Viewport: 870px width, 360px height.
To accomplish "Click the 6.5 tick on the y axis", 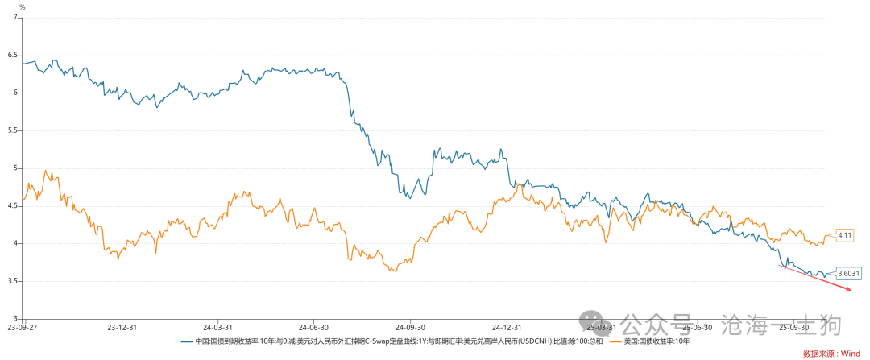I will click(13, 55).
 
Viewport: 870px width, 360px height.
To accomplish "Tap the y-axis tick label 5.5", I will click(13, 130).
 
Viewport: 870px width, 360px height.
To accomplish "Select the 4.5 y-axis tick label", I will click(13, 205).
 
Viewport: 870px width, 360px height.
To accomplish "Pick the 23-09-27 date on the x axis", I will click(23, 328).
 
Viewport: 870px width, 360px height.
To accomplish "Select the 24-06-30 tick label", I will click(313, 328).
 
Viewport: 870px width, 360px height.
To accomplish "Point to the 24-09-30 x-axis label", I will click(409, 328).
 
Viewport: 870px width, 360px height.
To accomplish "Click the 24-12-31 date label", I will click(505, 328).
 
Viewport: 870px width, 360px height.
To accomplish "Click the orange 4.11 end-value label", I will click(845, 235).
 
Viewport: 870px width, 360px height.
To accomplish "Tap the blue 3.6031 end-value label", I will click(848, 273).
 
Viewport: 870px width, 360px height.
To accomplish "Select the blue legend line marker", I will click(188, 341).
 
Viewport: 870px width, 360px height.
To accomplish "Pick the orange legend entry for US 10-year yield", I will click(652, 341).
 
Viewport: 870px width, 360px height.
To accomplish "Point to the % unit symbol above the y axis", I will click(22, 7).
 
